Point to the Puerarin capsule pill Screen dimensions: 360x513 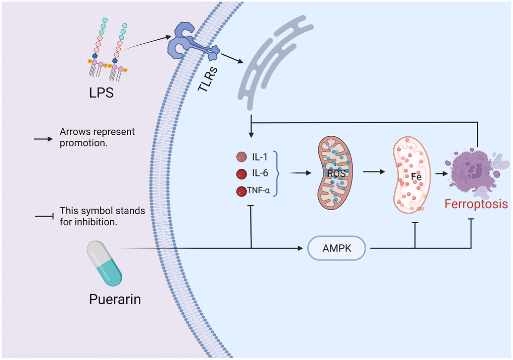click(x=104, y=262)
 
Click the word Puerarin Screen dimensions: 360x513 click(x=115, y=299)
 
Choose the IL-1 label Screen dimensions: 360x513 click(x=261, y=157)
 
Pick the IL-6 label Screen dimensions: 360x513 click(x=260, y=173)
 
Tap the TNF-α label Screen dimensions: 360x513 click(x=259, y=190)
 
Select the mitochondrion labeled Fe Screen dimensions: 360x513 click(x=411, y=173)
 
